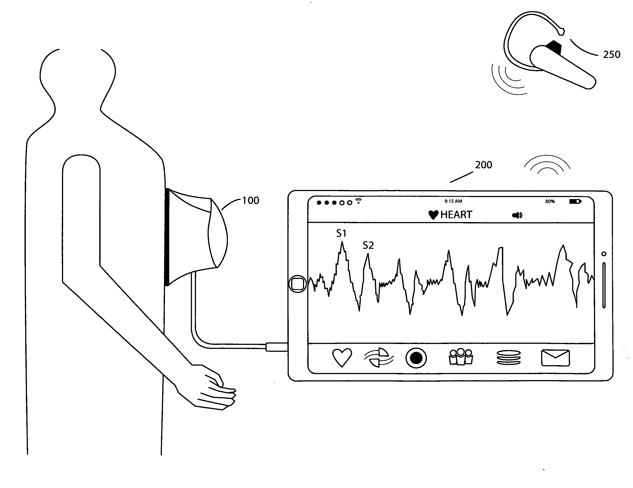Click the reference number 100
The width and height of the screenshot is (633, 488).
250,201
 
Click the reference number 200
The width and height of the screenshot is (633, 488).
483,165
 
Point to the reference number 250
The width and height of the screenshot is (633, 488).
612,54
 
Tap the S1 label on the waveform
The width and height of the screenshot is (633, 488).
341,233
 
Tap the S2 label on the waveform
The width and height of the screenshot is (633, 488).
368,245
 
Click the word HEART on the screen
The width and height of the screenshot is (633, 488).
456,215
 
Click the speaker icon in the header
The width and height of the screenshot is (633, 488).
517,215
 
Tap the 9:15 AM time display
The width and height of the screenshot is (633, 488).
453,201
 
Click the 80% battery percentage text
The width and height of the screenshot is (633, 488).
550,201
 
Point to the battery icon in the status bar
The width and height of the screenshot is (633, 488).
575,201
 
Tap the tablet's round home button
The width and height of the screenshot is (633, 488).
297,284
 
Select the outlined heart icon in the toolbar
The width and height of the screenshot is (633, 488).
342,358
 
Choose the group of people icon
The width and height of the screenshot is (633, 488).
461,357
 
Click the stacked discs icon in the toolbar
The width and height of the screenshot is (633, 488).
509,358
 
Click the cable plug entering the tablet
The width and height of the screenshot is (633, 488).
276,347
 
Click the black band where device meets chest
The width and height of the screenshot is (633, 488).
167,237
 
